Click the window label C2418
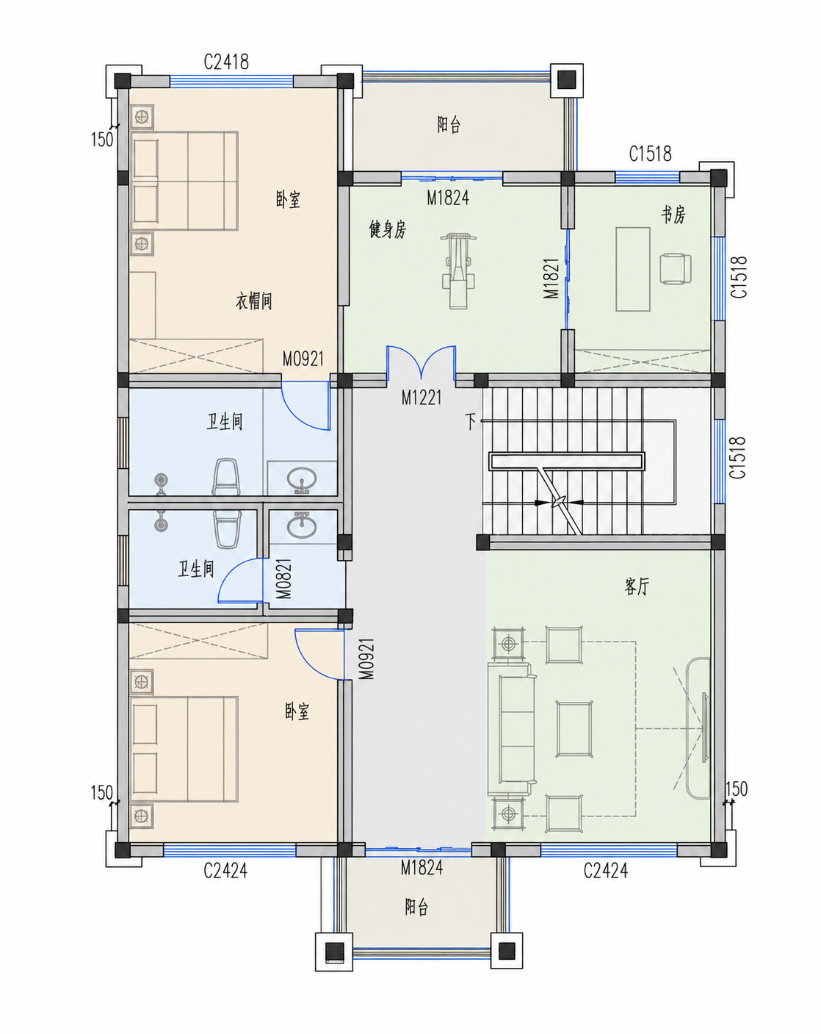pyautogui.click(x=226, y=62)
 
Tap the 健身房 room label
pyautogui.click(x=387, y=230)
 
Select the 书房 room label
pyautogui.click(x=673, y=215)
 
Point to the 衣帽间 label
pyautogui.click(x=253, y=301)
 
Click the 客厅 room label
pyautogui.click(x=637, y=586)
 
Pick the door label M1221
pyautogui.click(x=422, y=398)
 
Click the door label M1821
pyautogui.click(x=552, y=279)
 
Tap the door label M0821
pyautogui.click(x=284, y=578)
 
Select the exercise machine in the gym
pyautogui.click(x=458, y=270)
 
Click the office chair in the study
pyautogui.click(x=675, y=268)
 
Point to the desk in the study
pyautogui.click(x=633, y=269)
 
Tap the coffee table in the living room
pyautogui.click(x=574, y=729)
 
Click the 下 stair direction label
pyautogui.click(x=471, y=422)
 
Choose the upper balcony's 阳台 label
pyautogui.click(x=449, y=125)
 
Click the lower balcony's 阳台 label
pyautogui.click(x=416, y=905)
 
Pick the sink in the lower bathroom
pyautogui.click(x=302, y=525)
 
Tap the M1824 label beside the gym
pyautogui.click(x=448, y=198)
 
